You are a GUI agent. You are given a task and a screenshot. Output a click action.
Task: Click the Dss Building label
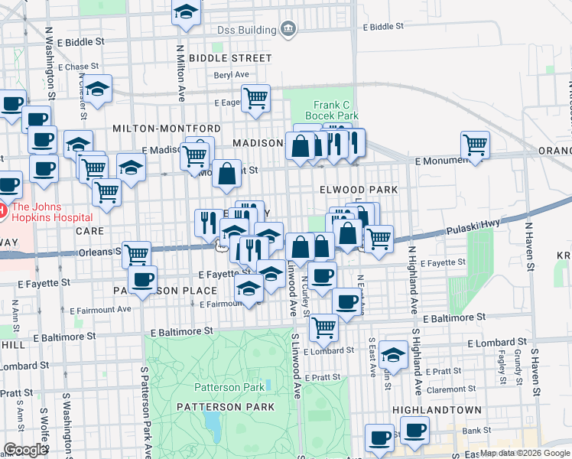(x=246, y=30)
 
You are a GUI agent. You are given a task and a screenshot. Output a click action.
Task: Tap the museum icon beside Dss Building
(x=288, y=30)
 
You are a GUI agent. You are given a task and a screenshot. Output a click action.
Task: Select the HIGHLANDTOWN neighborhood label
(x=435, y=410)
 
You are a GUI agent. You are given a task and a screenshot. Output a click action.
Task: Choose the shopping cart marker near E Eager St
(x=256, y=98)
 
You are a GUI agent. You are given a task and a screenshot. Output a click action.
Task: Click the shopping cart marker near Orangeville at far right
(x=476, y=145)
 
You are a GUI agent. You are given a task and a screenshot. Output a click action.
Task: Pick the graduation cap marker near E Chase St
(x=97, y=89)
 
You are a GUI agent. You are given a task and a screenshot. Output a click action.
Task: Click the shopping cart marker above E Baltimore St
(x=324, y=327)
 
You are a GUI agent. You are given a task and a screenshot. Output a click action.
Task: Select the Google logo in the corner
(x=25, y=450)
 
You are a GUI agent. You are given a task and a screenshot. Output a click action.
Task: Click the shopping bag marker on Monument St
(x=227, y=174)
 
